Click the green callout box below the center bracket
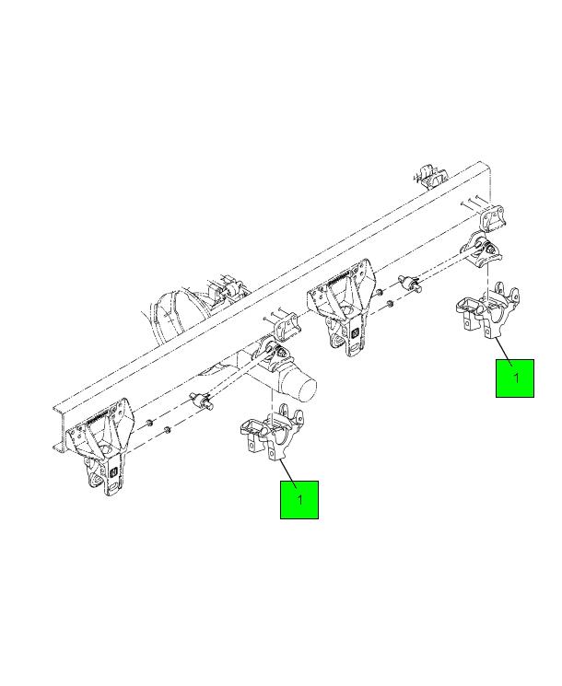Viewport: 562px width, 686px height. tap(299, 500)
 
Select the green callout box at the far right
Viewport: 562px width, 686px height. tap(515, 378)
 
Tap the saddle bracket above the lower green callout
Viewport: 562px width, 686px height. tap(272, 433)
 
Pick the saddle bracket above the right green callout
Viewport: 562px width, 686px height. tap(487, 310)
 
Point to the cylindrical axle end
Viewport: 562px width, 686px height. tap(299, 385)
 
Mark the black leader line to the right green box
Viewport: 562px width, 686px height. tap(503, 353)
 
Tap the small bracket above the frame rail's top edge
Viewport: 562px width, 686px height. tap(430, 176)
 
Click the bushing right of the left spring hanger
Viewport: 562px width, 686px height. tap(202, 401)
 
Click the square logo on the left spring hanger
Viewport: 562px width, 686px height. tap(113, 472)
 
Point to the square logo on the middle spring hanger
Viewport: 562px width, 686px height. tap(356, 333)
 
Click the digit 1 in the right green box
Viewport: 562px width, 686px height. tap(517, 378)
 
